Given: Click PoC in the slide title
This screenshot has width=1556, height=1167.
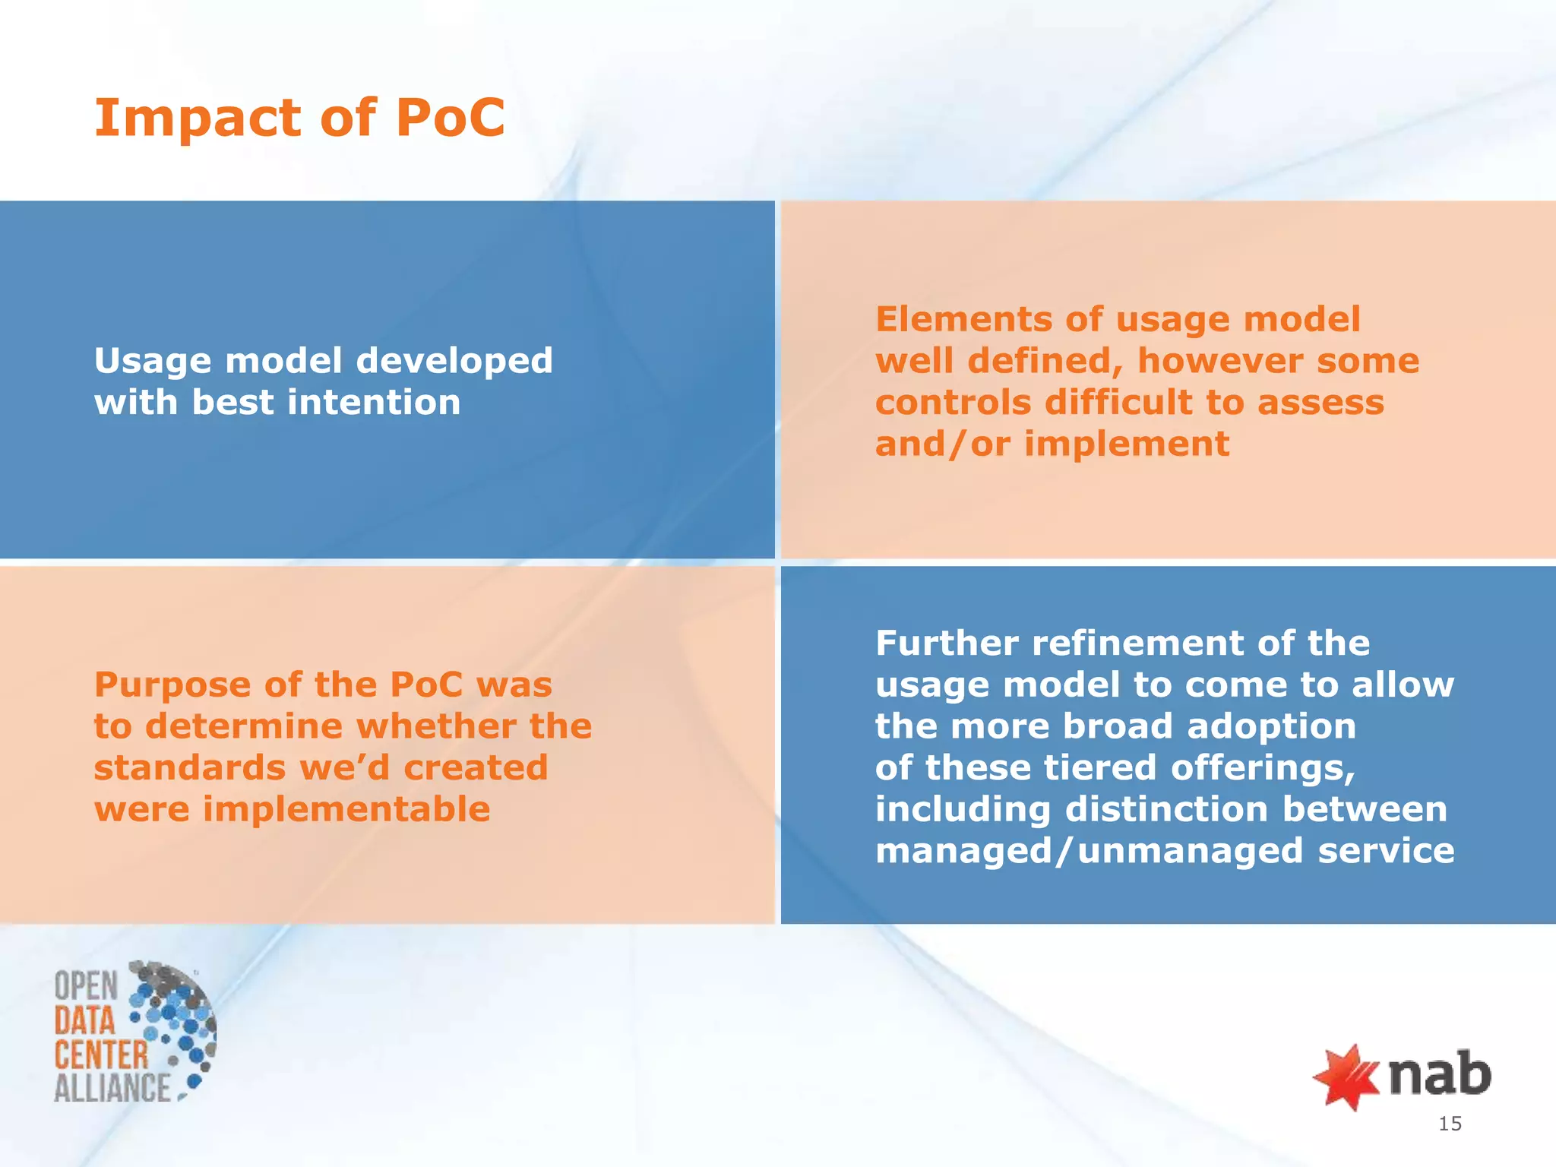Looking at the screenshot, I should [450, 119].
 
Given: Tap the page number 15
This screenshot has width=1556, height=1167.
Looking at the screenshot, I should [1450, 1124].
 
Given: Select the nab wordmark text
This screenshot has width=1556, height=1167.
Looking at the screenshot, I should [1439, 1074].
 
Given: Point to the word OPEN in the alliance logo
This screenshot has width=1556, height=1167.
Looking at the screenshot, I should [86, 986].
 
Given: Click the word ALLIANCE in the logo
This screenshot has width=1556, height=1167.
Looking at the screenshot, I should [112, 1087].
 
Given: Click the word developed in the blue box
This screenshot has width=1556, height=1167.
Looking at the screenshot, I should [454, 360].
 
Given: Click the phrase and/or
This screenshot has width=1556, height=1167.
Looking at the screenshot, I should [942, 444].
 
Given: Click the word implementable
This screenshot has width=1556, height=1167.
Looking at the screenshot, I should [346, 809].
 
